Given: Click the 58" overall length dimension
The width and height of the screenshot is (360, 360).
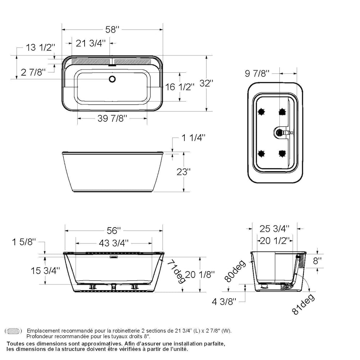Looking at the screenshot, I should (x=112, y=30).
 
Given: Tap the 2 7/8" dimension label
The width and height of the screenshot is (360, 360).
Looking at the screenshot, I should (x=33, y=73).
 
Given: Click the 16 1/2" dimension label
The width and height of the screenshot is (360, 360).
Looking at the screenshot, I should (x=179, y=87).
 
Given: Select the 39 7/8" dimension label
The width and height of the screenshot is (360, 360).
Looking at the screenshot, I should (x=112, y=118).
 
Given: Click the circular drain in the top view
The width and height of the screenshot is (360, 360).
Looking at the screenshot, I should (x=112, y=79).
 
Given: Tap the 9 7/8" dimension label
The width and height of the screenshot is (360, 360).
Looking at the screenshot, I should (x=257, y=73).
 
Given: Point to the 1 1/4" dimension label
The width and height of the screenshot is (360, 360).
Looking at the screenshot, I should (x=193, y=137).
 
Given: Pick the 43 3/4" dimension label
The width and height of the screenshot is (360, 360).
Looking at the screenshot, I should (x=113, y=243).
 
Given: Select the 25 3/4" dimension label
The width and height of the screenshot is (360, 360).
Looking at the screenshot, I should (x=274, y=228).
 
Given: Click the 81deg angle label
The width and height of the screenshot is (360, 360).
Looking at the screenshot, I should (x=303, y=305).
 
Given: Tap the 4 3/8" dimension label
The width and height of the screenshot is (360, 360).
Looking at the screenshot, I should (x=224, y=302).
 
